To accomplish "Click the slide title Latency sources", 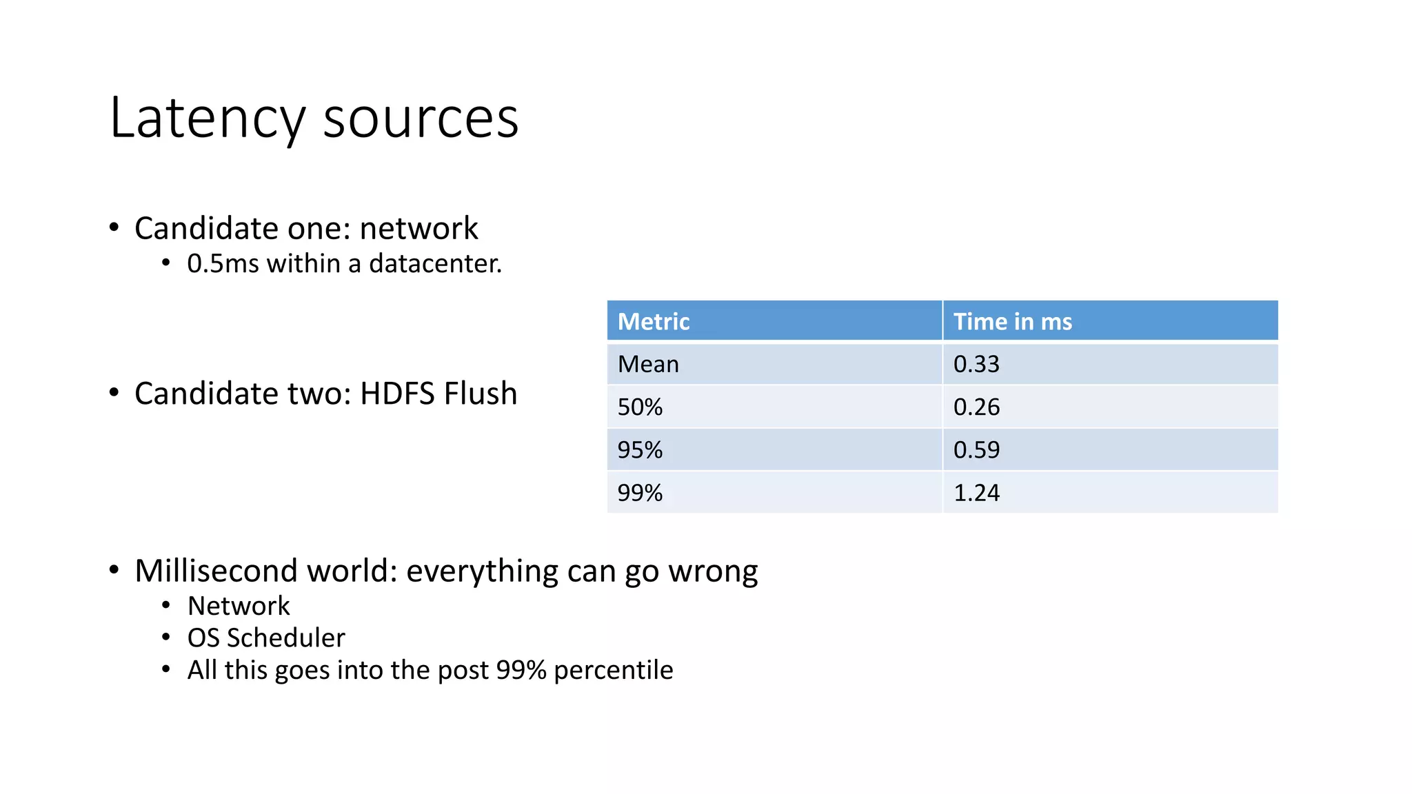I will [x=314, y=119].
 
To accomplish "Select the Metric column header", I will [x=653, y=321].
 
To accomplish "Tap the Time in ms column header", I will [x=1012, y=321].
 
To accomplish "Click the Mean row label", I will [x=648, y=364].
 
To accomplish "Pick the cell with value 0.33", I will [x=976, y=364].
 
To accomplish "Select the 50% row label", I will [x=640, y=407].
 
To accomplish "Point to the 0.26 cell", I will [x=976, y=407].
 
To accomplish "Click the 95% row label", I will [x=640, y=450].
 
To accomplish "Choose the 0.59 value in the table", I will [x=976, y=450].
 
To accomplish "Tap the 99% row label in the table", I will [x=640, y=493].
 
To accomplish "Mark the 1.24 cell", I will [x=976, y=493].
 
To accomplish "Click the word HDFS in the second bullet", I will [x=398, y=394].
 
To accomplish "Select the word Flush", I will [x=480, y=394].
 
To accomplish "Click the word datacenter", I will [x=435, y=264].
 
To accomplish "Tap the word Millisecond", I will [x=216, y=571].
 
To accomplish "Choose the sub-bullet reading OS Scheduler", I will [x=266, y=638].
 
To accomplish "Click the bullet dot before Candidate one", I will [x=114, y=227].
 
